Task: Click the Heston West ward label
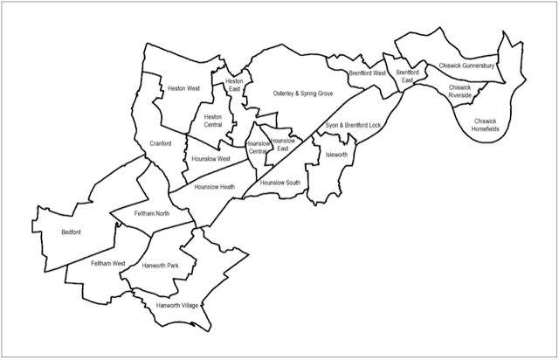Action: coord(183,88)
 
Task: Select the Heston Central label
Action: coord(213,121)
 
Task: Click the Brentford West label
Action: coord(367,73)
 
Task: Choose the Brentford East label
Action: coord(407,77)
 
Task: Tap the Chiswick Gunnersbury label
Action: coord(467,66)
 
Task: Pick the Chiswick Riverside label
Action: coord(459,92)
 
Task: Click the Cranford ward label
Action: coord(159,143)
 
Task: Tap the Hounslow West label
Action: coord(210,159)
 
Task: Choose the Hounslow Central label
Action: coord(258,149)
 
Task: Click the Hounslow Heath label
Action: coord(214,186)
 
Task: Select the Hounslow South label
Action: coord(280,183)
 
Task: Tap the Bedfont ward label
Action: coord(72,232)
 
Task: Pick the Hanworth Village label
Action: coord(177,306)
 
